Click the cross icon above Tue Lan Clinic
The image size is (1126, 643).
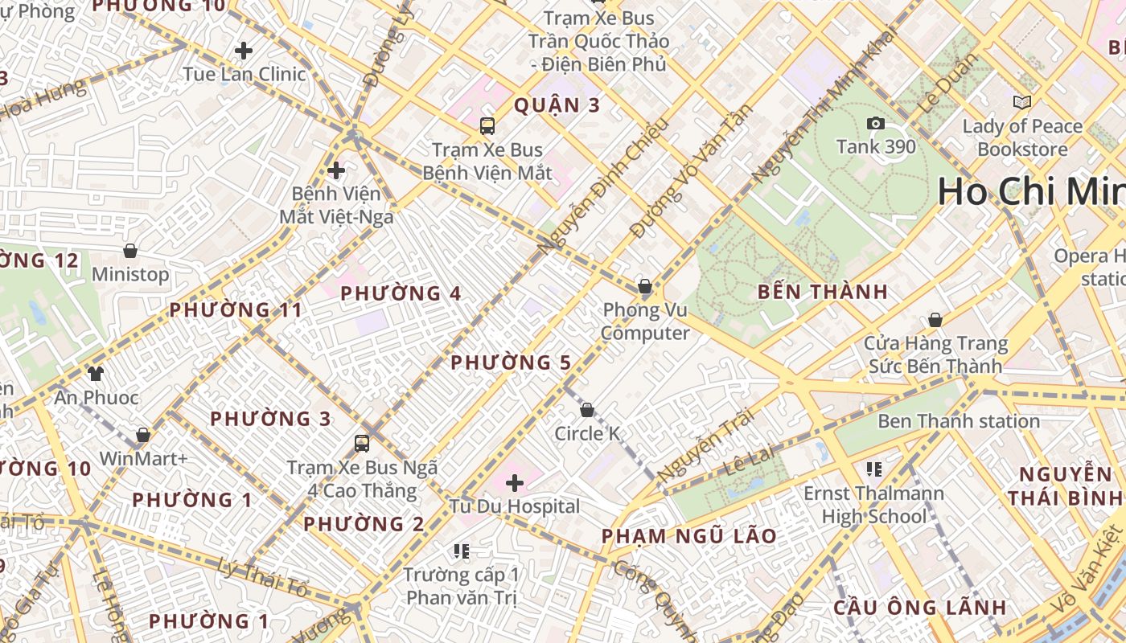coord(244,51)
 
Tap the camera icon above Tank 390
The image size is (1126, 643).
coord(876,123)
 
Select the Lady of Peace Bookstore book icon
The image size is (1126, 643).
coord(1022,102)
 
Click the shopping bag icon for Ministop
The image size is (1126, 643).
coord(130,251)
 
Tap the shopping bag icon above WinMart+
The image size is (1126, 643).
coord(143,435)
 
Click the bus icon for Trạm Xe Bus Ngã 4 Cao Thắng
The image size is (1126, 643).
coord(362,443)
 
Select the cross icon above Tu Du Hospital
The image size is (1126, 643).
coord(515,483)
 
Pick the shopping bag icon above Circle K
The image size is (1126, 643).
coord(587,410)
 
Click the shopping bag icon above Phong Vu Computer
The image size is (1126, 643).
coord(644,286)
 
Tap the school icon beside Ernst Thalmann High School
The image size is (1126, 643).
coord(874,469)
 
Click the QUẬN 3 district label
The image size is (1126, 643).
coord(557,105)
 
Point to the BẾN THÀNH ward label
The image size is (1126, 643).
coord(823,292)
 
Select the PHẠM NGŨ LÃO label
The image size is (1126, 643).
coord(689,536)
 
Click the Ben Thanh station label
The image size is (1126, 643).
coord(959,421)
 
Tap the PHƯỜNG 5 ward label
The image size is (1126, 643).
coord(511,362)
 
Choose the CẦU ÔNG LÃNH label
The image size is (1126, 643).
coord(919,607)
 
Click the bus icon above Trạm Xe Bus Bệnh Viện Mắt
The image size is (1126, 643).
coord(487,125)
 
